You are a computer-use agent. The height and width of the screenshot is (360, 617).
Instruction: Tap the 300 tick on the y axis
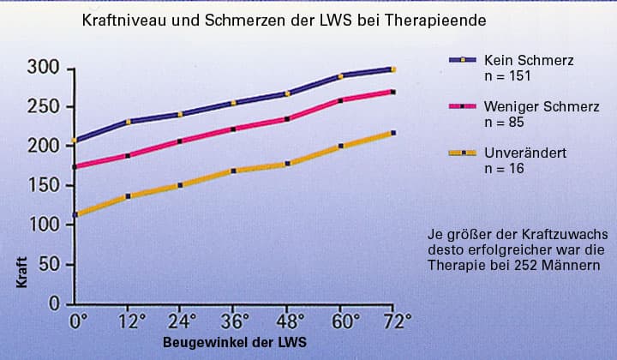(43, 68)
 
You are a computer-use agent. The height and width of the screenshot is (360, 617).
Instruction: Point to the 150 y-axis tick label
(43, 185)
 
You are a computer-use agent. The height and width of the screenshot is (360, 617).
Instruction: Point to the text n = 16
(504, 169)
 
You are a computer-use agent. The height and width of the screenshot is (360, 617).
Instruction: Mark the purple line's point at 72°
(392, 69)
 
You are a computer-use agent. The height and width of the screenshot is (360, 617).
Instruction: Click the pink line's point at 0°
(76, 166)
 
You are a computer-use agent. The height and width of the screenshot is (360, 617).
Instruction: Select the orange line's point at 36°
(234, 171)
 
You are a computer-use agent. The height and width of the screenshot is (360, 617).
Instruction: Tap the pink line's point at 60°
(340, 101)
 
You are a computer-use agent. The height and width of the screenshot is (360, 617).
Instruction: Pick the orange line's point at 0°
(76, 214)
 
